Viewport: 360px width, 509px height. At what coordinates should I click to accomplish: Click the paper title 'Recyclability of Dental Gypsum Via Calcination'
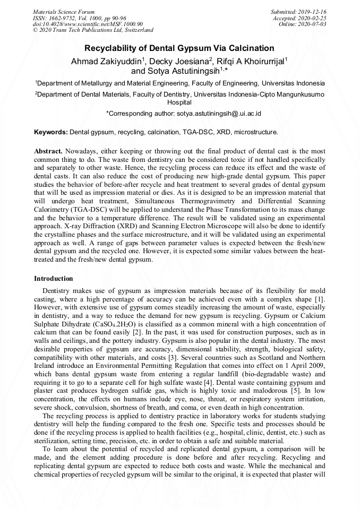(179, 48)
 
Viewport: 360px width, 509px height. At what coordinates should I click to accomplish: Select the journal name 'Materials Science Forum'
(64, 12)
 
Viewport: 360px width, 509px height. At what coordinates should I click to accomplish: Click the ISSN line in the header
(79, 18)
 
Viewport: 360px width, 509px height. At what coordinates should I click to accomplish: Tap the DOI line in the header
(88, 24)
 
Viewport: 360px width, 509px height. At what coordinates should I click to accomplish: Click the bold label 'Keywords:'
(51, 132)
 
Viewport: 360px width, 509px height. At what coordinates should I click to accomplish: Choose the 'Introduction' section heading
(54, 279)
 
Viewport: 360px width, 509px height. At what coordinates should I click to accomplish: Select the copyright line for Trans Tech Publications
(93, 30)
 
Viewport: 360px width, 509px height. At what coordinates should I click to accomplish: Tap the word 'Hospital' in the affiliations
(179, 102)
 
